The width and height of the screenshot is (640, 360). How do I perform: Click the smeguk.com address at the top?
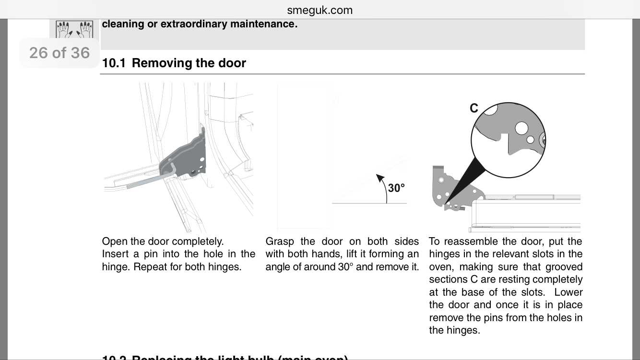tap(320, 10)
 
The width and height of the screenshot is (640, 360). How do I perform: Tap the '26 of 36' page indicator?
tap(59, 53)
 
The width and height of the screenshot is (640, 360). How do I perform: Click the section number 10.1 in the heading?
tap(114, 63)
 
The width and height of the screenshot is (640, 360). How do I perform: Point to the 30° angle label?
tap(396, 188)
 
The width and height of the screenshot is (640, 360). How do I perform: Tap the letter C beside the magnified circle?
tap(474, 108)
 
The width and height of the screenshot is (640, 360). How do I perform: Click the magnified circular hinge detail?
tap(508, 140)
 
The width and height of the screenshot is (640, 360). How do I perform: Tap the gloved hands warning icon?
tap(74, 30)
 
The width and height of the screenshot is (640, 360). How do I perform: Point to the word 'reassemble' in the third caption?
tap(473, 241)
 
